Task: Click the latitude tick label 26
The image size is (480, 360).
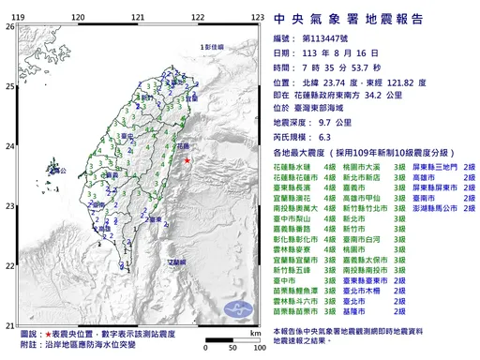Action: (10, 27)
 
